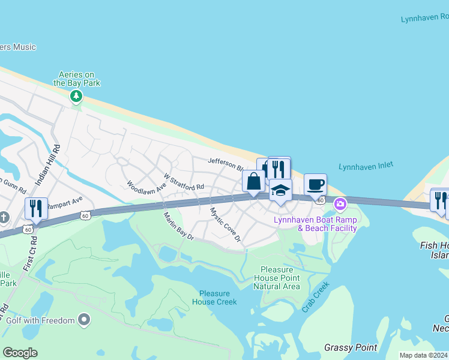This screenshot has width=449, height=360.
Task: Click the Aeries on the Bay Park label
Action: (x=76, y=79)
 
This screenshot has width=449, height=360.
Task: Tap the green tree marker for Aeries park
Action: (x=76, y=96)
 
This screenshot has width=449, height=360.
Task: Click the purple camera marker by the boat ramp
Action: (x=340, y=204)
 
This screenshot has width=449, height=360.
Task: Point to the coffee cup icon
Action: (x=315, y=184)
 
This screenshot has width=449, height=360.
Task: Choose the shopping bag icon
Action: (x=253, y=181)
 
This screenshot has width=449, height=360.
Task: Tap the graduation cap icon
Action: (x=280, y=190)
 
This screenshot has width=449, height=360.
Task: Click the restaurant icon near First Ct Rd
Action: (x=36, y=209)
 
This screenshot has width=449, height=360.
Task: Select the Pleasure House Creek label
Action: (x=214, y=298)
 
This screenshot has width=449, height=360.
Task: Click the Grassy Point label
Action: (x=351, y=347)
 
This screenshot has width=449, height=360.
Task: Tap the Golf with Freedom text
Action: (x=40, y=320)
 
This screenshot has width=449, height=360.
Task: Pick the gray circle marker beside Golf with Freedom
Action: (x=85, y=320)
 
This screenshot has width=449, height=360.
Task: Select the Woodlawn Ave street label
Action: (x=146, y=187)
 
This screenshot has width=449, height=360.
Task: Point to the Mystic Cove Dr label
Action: (x=225, y=226)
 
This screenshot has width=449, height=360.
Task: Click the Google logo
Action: (x=20, y=353)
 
